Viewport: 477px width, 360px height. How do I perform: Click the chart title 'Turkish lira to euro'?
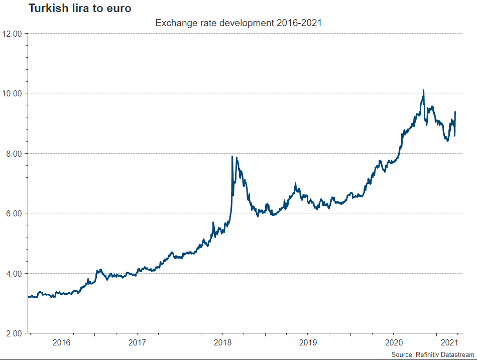click(x=80, y=8)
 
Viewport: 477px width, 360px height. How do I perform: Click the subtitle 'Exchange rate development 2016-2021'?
click(x=238, y=23)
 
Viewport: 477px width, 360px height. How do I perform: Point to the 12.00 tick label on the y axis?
click(x=13, y=34)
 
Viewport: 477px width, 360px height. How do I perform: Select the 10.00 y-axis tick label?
click(x=13, y=93)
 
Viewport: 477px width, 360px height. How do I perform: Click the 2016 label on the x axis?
click(x=61, y=343)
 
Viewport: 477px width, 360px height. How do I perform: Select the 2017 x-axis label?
click(x=137, y=343)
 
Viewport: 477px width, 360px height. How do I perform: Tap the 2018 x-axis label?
click(x=222, y=343)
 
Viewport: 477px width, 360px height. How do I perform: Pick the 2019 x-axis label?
click(x=308, y=343)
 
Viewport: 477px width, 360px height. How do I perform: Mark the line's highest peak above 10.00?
click(x=424, y=90)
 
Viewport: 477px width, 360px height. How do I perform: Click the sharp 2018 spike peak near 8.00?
click(x=232, y=157)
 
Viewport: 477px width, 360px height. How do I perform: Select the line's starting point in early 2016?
click(x=28, y=297)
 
